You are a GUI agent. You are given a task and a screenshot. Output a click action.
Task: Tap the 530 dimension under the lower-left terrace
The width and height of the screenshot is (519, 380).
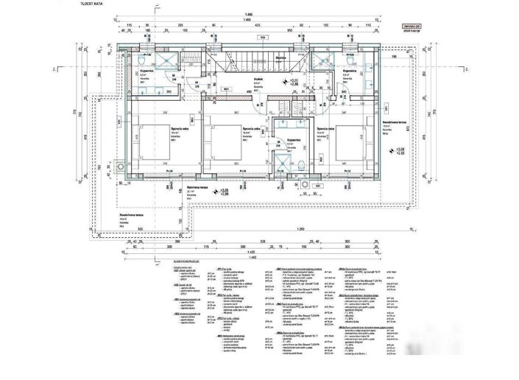pyautogui.click(x=140, y=229)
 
